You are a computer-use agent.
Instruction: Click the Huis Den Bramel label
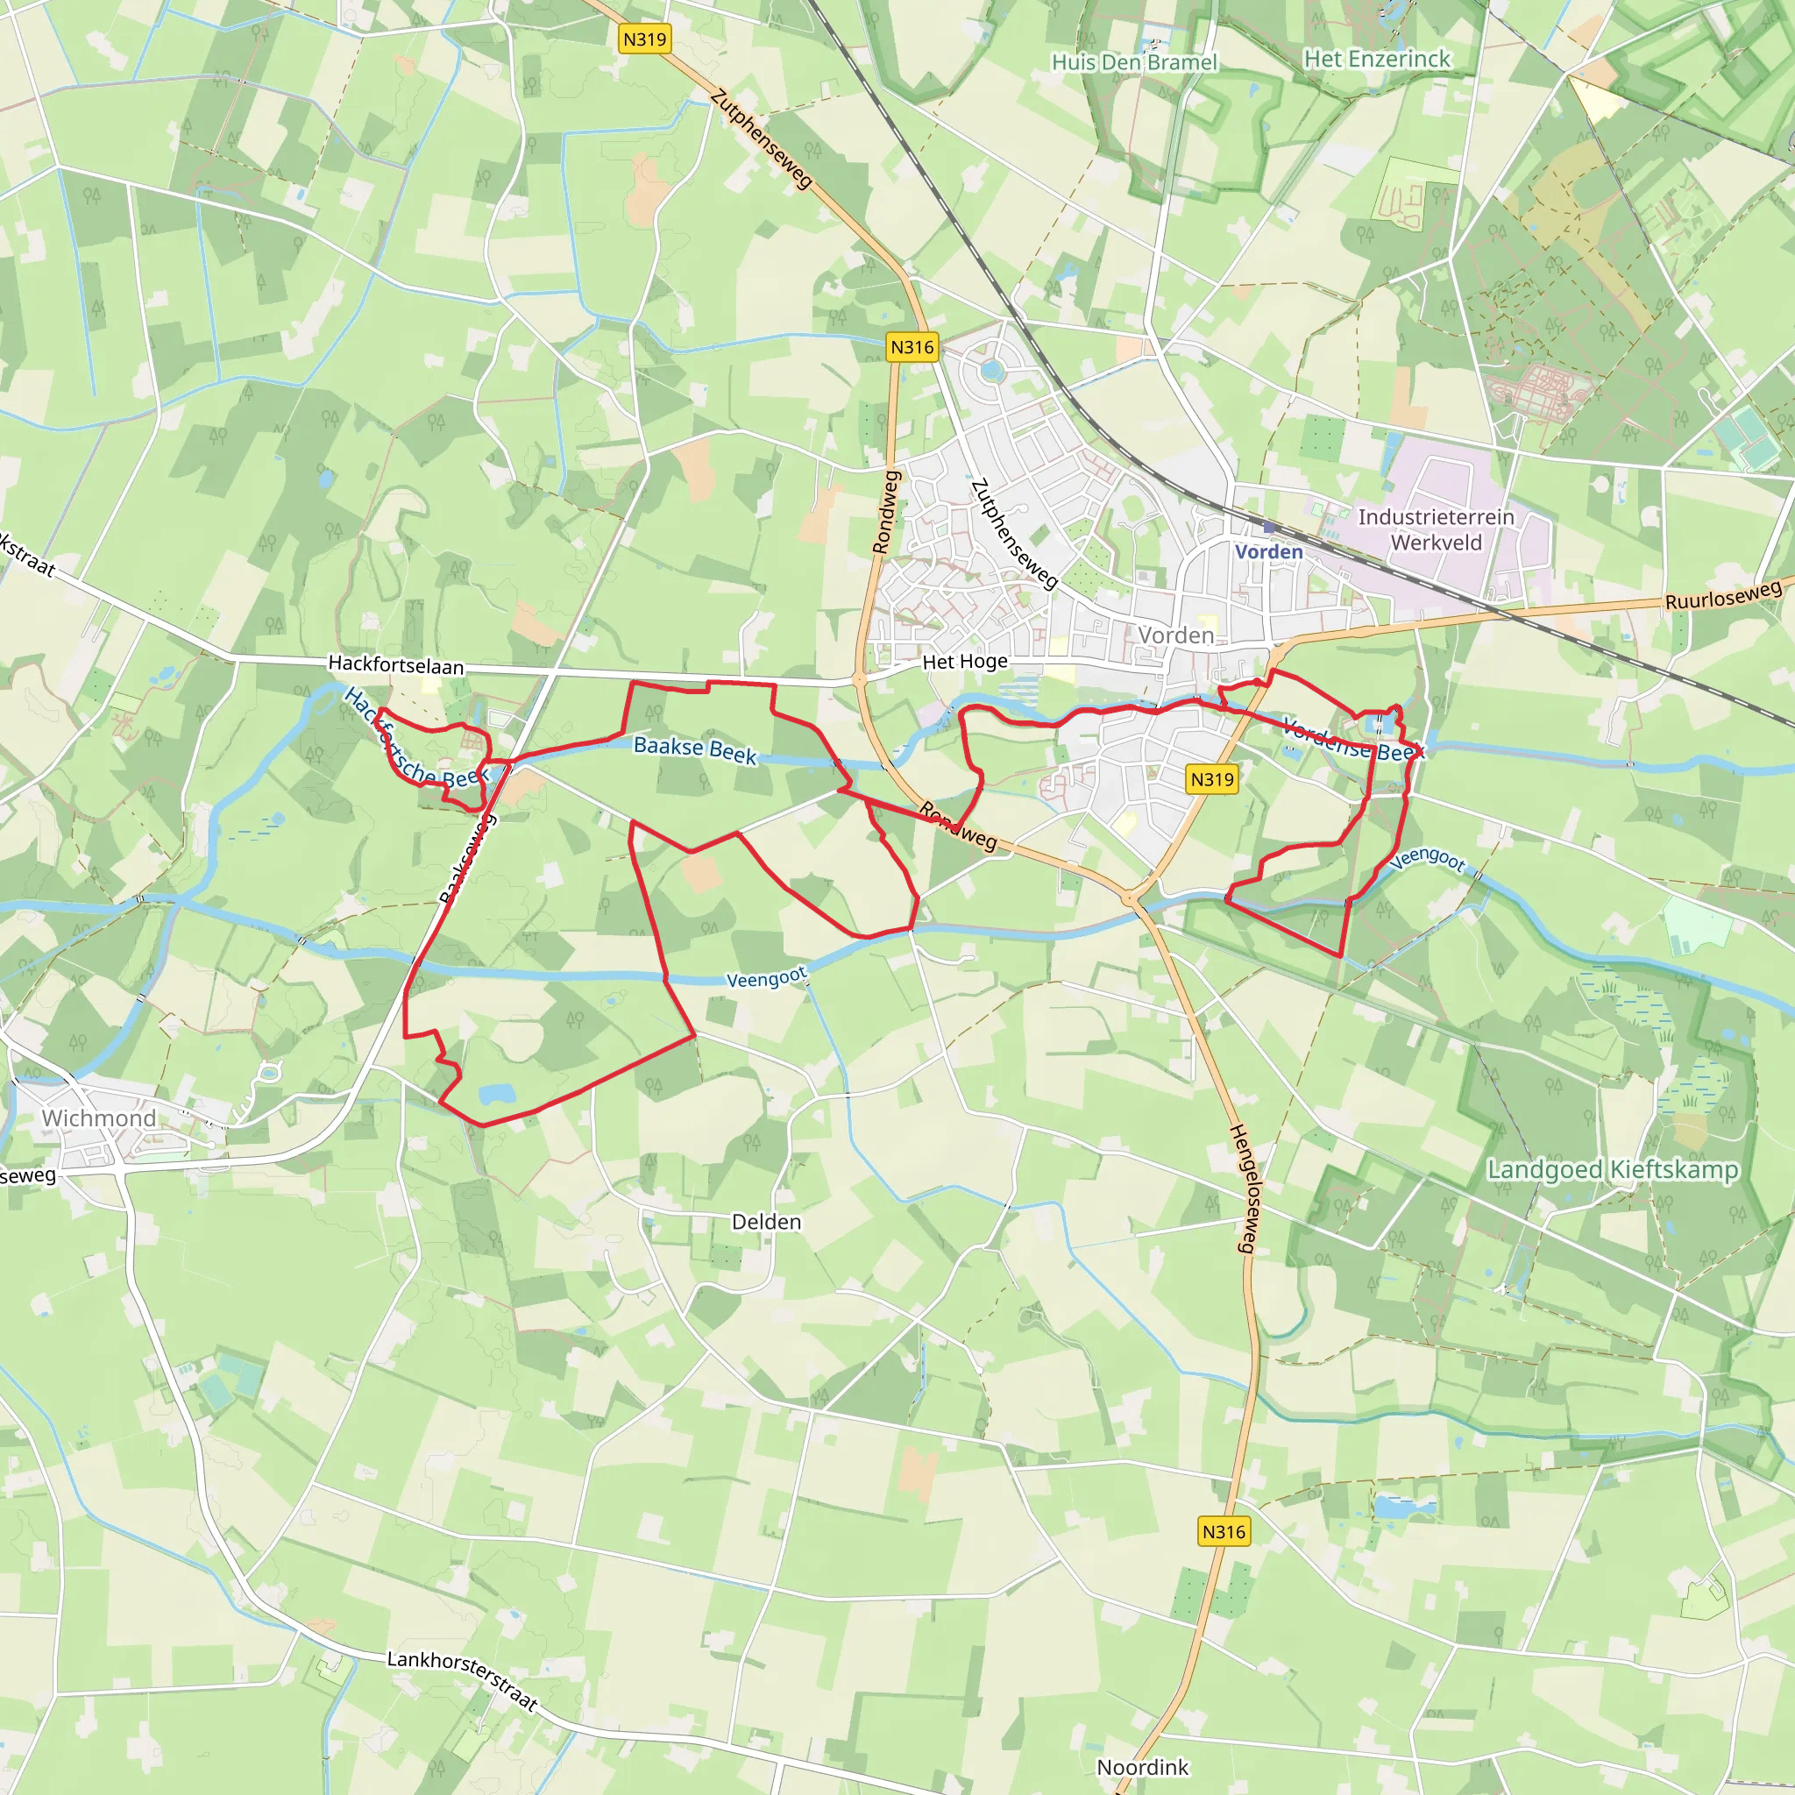tap(1133, 62)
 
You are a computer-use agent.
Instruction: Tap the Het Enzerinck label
tap(1377, 59)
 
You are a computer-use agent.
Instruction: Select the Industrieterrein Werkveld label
tap(1436, 529)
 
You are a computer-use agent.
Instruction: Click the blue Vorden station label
tap(1268, 552)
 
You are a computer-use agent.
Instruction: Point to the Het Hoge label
tap(964, 662)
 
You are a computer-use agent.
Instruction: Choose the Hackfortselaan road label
tap(396, 664)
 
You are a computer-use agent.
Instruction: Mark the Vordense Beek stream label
tap(1352, 739)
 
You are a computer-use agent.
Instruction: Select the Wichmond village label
tap(98, 1117)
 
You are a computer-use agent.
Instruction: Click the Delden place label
tap(767, 1222)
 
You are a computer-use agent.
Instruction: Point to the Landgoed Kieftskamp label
tap(1612, 1169)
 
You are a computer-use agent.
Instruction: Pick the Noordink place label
tap(1143, 1767)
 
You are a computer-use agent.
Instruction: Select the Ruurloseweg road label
tap(1723, 594)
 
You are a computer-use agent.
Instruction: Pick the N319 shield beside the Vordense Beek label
tap(1212, 779)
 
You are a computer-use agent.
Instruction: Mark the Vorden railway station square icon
tap(1269, 528)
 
